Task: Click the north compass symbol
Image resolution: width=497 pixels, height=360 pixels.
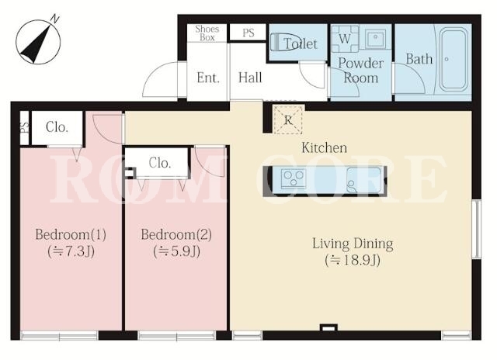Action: (x=38, y=40)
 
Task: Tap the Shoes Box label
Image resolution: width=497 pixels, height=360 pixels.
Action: (x=207, y=33)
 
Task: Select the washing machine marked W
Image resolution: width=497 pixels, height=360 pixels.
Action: (x=345, y=39)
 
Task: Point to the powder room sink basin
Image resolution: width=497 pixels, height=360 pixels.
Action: (x=375, y=39)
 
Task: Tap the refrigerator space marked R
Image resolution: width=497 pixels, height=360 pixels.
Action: (x=288, y=119)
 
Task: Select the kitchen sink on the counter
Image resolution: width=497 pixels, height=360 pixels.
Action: (x=363, y=180)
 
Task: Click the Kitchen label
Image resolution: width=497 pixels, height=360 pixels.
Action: (x=324, y=148)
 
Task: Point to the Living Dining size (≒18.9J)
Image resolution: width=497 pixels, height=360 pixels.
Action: (x=353, y=260)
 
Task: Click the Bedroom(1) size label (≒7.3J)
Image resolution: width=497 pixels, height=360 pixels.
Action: (x=71, y=251)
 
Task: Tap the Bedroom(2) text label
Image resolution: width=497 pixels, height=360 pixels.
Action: (x=176, y=234)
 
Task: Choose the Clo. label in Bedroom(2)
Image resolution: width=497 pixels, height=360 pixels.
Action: (x=160, y=163)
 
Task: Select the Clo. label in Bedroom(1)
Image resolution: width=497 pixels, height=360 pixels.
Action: (x=57, y=127)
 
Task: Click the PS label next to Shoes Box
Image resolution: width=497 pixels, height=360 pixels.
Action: (x=248, y=33)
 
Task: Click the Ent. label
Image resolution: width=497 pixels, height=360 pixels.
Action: (x=208, y=78)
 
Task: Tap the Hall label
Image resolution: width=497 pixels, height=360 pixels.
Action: (x=250, y=78)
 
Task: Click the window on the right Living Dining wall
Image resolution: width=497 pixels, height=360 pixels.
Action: (x=476, y=229)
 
